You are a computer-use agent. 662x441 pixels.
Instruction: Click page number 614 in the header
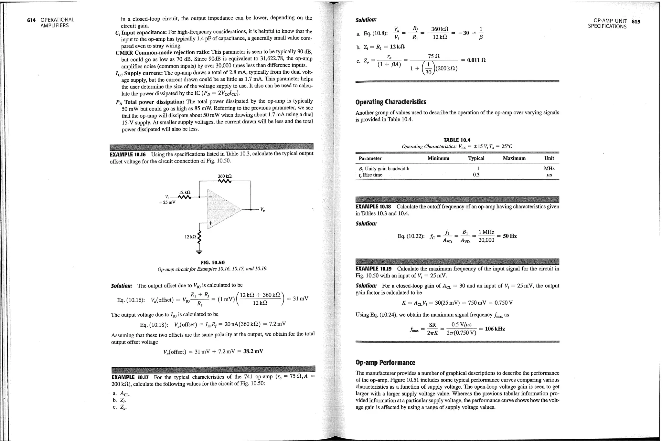(x=31, y=20)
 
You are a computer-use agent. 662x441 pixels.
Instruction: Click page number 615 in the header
(x=635, y=22)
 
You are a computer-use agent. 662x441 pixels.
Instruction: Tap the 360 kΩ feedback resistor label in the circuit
(x=225, y=176)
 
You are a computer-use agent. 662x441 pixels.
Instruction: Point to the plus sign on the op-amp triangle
(x=210, y=223)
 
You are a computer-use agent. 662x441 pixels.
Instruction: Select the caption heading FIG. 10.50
(x=212, y=262)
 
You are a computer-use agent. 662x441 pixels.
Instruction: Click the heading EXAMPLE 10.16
(x=128, y=154)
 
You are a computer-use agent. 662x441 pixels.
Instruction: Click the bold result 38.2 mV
(x=253, y=351)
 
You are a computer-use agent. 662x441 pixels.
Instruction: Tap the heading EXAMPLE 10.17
(x=130, y=377)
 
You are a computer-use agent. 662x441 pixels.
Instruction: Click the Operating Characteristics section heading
(x=390, y=102)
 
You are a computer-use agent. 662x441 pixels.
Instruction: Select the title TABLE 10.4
(x=457, y=140)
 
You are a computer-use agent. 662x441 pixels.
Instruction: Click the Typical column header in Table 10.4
(x=476, y=158)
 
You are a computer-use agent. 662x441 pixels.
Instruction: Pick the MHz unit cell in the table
(x=549, y=168)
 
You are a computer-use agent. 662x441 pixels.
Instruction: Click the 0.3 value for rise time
(x=476, y=175)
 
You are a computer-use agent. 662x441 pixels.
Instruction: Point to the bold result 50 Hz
(x=510, y=236)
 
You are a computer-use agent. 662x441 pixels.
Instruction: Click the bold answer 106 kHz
(x=495, y=329)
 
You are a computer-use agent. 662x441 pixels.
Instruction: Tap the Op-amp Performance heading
(x=385, y=362)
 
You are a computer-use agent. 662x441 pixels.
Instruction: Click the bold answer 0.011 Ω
(x=476, y=60)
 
